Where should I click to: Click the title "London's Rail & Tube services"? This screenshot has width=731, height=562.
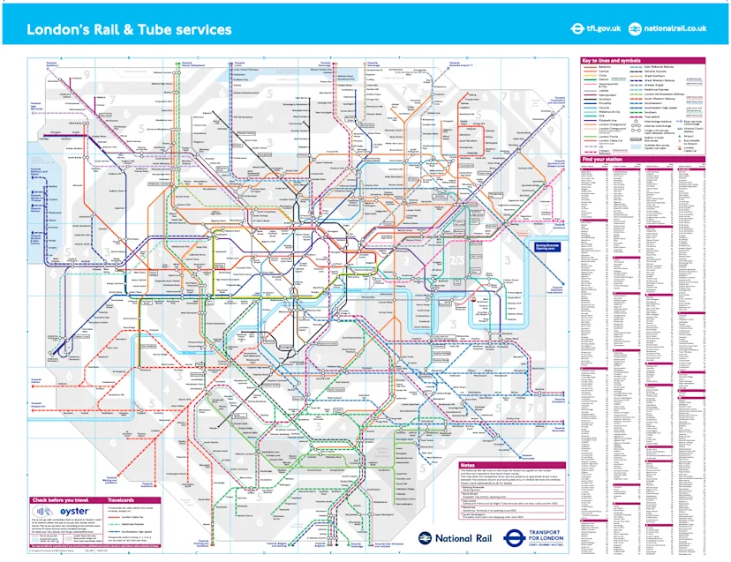[x=129, y=29]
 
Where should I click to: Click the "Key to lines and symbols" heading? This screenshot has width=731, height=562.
[x=612, y=60]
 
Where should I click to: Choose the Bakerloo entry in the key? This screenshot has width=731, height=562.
[x=604, y=67]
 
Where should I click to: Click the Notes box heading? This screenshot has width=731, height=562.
[x=469, y=465]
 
